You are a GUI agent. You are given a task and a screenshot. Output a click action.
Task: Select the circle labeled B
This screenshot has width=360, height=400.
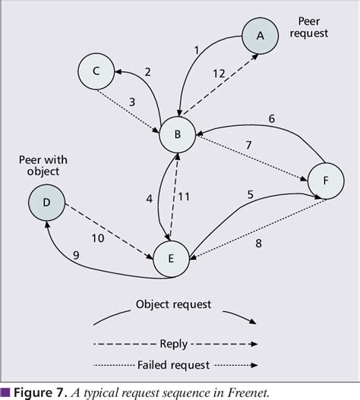tap(178, 136)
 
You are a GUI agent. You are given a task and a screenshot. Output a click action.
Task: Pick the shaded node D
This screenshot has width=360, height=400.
tap(47, 203)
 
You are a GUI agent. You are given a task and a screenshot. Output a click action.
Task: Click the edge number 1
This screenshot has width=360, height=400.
tap(196, 50)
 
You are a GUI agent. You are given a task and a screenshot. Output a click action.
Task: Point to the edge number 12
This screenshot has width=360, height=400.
tap(219, 74)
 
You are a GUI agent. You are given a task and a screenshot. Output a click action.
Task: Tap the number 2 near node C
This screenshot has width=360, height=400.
tap(147, 71)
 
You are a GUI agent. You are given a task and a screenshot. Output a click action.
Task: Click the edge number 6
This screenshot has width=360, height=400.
tap(270, 119)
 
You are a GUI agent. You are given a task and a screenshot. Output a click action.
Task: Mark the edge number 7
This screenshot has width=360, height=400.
tap(247, 145)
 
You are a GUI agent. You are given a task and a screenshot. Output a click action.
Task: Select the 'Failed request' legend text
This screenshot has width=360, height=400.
tap(177, 364)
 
